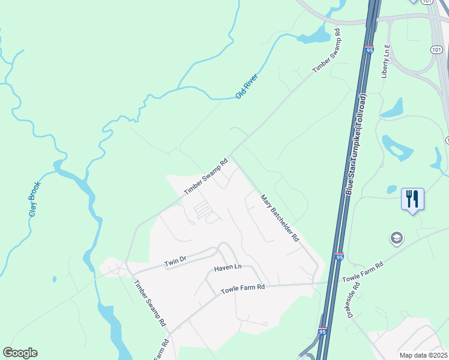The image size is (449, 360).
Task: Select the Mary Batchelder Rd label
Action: click(280, 217)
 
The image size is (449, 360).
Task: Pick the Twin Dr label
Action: click(176, 262)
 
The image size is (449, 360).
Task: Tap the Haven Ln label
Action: click(227, 266)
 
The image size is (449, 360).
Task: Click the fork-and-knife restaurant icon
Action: click(412, 198)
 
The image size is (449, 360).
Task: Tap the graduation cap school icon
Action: click(396, 238)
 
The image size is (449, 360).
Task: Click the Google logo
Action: click(20, 353)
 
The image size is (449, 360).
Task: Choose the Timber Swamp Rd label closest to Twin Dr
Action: click(149, 304)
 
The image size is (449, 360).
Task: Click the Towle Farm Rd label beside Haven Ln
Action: click(243, 288)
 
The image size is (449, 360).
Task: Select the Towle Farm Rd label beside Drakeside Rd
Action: click(362, 272)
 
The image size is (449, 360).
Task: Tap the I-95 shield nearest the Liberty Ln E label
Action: click(369, 50)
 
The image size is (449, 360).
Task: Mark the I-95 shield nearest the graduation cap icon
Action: click(339, 257)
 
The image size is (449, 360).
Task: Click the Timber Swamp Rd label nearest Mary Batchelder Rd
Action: click(206, 176)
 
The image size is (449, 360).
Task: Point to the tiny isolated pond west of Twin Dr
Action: click(54, 279)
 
